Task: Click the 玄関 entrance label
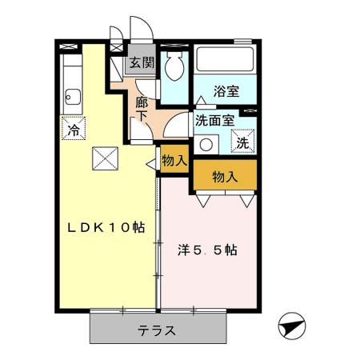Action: point(142,63)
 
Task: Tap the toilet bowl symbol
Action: point(174,66)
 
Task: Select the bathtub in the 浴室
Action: point(225,59)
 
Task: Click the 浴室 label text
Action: point(226,91)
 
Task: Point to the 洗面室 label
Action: point(215,121)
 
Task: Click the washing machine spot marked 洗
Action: point(242,141)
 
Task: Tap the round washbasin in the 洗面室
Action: point(206,145)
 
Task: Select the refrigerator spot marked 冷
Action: point(74,128)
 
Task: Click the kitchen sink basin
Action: point(73,97)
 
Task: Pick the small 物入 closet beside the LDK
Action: point(174,159)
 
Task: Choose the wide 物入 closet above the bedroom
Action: point(225,175)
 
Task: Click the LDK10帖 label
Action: point(106,227)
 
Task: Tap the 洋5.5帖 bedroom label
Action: point(207,250)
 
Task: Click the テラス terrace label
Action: point(157,330)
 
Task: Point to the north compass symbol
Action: point(292,326)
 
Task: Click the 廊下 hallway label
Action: point(142,109)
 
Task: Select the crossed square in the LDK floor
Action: point(106,158)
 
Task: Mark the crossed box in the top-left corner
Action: point(69,46)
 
